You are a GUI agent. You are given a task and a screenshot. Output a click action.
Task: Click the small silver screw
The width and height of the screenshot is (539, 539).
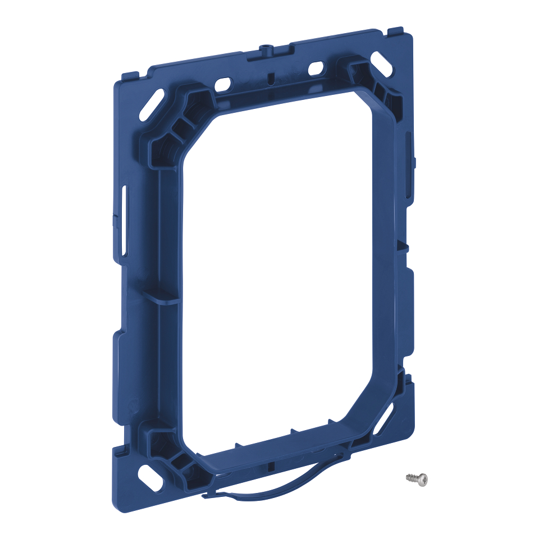(417, 478)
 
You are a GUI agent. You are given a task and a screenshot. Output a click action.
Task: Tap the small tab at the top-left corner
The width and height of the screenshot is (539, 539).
(130, 75)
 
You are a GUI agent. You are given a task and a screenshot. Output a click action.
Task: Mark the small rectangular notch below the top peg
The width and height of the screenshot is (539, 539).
(269, 77)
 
